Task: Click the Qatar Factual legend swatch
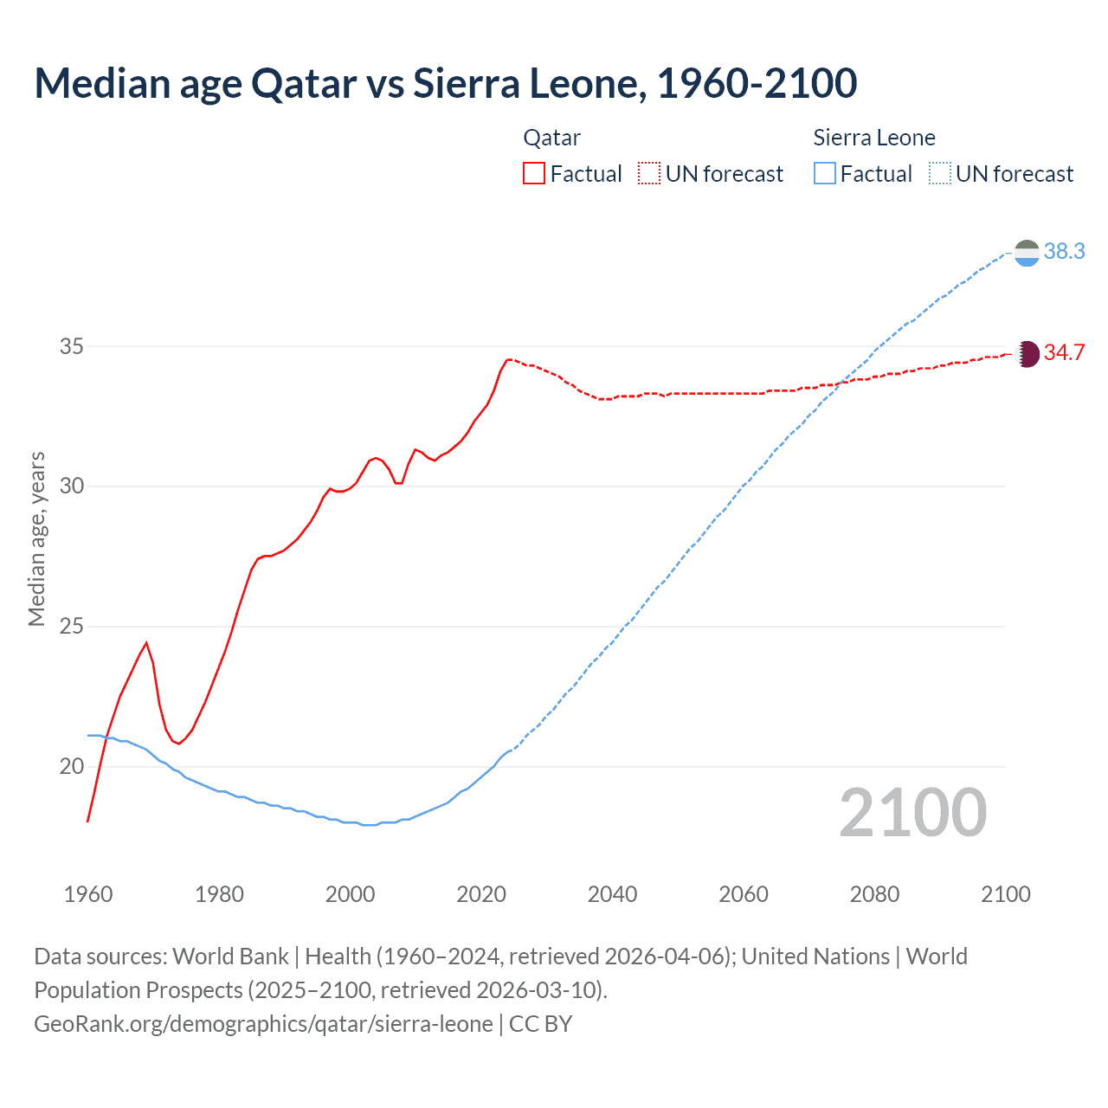point(534,174)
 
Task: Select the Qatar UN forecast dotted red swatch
point(649,174)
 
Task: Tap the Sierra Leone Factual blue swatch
point(825,174)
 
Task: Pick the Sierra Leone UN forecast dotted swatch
point(940,174)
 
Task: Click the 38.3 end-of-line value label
point(1064,251)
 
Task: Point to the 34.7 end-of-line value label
point(1064,353)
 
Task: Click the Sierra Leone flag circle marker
point(1027,253)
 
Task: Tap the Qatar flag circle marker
point(1027,354)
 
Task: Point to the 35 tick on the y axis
point(72,346)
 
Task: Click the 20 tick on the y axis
point(72,766)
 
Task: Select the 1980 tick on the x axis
point(219,894)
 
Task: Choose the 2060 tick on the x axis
point(744,894)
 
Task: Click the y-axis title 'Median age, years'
point(36,538)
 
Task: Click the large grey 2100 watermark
point(913,813)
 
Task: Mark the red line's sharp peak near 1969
point(146,642)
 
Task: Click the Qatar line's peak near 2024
point(508,358)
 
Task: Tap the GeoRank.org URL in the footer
point(263,1024)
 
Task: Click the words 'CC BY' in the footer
point(541,1024)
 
